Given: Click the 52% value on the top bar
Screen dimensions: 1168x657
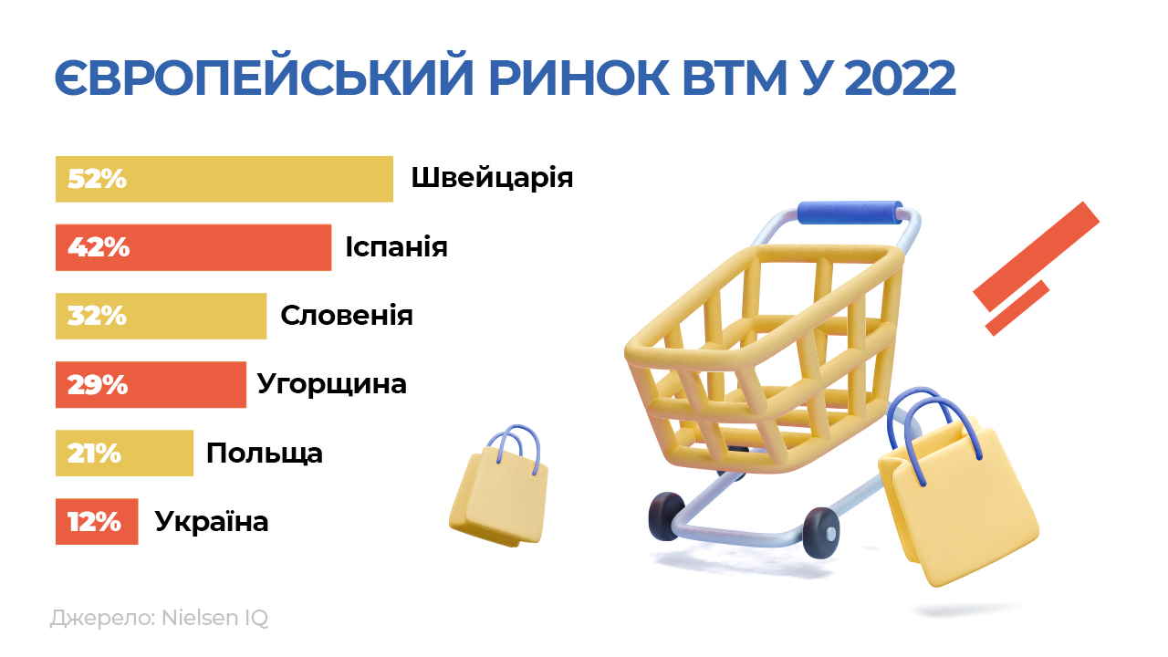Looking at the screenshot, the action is pyautogui.click(x=97, y=179).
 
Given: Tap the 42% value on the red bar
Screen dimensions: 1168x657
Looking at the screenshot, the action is pyautogui.click(x=99, y=247).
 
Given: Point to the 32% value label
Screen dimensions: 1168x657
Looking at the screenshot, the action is pyautogui.click(x=97, y=316).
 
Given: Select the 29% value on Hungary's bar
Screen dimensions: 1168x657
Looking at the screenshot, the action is pyautogui.click(x=98, y=385).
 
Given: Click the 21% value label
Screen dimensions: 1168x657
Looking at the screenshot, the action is pyautogui.click(x=94, y=454).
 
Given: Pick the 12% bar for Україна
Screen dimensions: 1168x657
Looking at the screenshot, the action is pyautogui.click(x=97, y=521).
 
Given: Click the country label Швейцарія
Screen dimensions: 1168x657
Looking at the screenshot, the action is pyautogui.click(x=492, y=178).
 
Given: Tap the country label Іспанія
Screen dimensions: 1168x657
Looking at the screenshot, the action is pyautogui.click(x=396, y=246).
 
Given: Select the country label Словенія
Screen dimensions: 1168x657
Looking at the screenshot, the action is pyautogui.click(x=347, y=316).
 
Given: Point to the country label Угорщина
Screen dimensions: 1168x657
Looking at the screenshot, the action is pyautogui.click(x=331, y=385).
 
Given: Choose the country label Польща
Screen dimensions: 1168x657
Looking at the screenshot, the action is pyautogui.click(x=265, y=454).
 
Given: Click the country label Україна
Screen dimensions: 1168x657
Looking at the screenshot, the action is pyautogui.click(x=212, y=521).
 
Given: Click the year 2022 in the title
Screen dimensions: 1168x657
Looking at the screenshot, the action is pyautogui.click(x=900, y=78).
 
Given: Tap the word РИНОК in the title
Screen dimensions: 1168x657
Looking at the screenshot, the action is pyautogui.click(x=579, y=78).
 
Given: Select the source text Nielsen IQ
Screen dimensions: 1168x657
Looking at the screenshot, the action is pyautogui.click(x=214, y=618).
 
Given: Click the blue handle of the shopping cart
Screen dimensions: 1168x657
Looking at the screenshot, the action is pyautogui.click(x=850, y=213).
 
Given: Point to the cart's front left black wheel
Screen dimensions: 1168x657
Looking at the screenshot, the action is pyautogui.click(x=666, y=516).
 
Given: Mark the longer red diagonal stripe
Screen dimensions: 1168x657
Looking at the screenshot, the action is pyautogui.click(x=1036, y=256).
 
